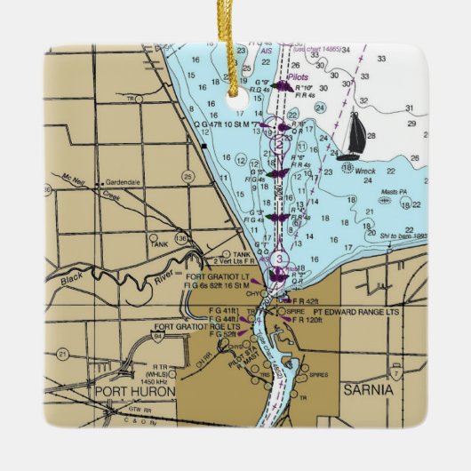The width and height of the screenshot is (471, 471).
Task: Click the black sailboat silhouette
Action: coord(355,132)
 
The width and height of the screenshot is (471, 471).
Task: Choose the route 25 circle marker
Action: coord(188,176)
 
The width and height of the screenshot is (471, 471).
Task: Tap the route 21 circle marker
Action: coord(62,353)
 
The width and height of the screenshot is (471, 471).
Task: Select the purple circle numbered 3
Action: coord(281,259)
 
